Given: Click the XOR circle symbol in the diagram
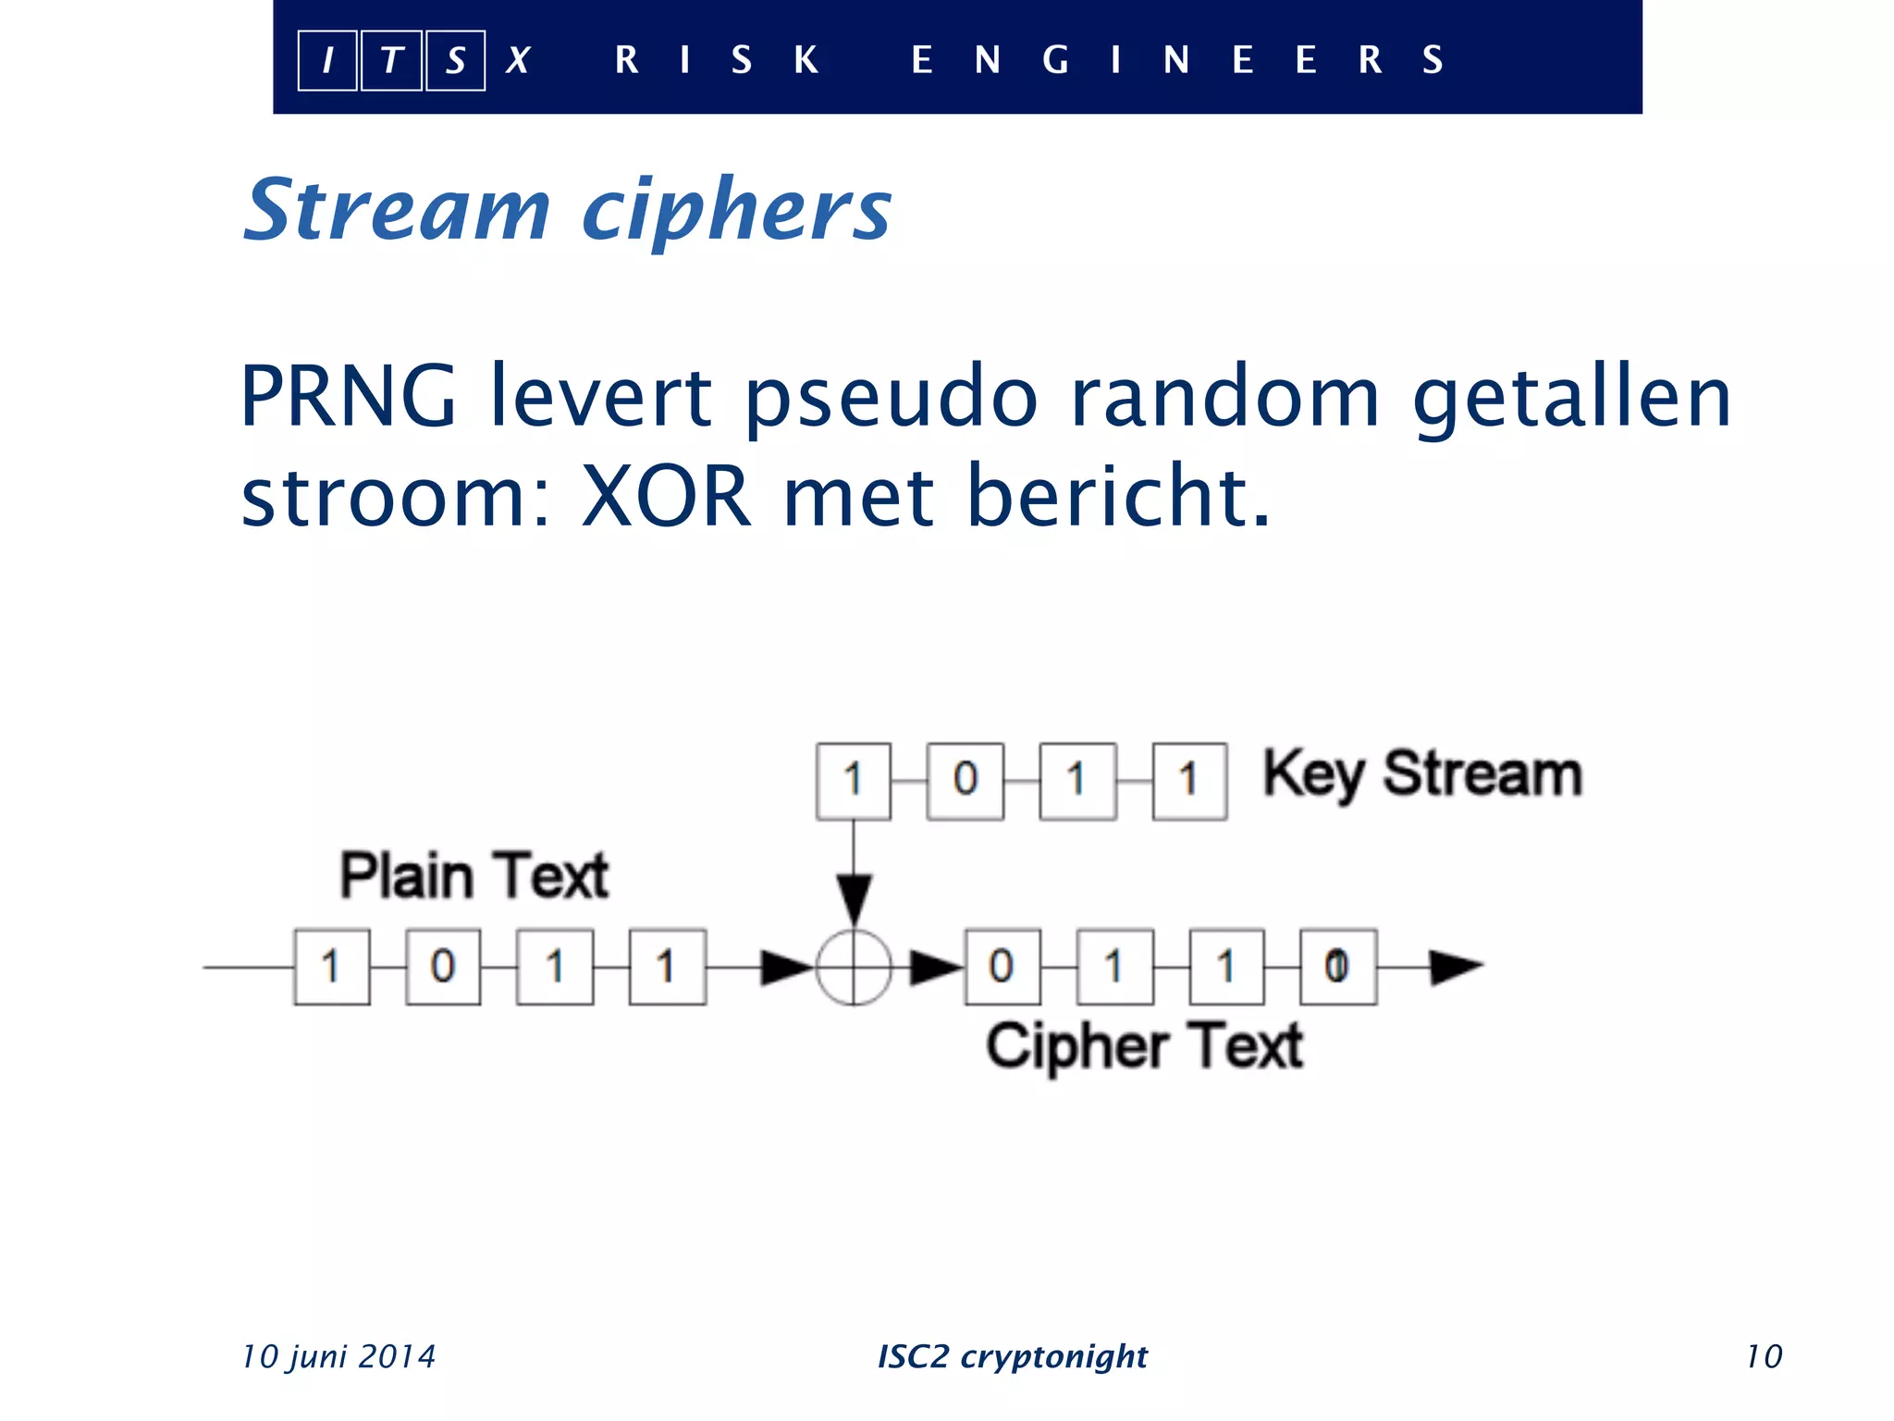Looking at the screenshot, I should point(854,968).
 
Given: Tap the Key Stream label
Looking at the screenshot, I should point(1422,774).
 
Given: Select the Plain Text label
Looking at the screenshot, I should point(474,875).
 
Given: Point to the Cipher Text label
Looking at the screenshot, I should point(1144,1046).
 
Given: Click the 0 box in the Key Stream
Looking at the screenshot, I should point(965,781).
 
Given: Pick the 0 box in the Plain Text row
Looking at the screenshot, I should point(443,968).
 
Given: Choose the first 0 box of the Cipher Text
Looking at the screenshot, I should point(1002,968).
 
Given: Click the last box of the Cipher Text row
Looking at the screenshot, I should point(1337,968).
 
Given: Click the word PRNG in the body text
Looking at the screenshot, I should point(348,397).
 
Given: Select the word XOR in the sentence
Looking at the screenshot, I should point(666,497).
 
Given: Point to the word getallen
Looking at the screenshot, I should point(1571,397).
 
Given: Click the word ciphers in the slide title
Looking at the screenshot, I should point(736,210).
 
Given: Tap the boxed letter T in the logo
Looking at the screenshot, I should point(392,61).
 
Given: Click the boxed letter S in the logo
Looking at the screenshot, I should point(455,61).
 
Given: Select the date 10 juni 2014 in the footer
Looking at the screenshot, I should point(338,1356).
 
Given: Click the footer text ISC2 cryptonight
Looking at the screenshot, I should point(1012,1356).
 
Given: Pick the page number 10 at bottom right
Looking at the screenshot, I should point(1764,1356).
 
